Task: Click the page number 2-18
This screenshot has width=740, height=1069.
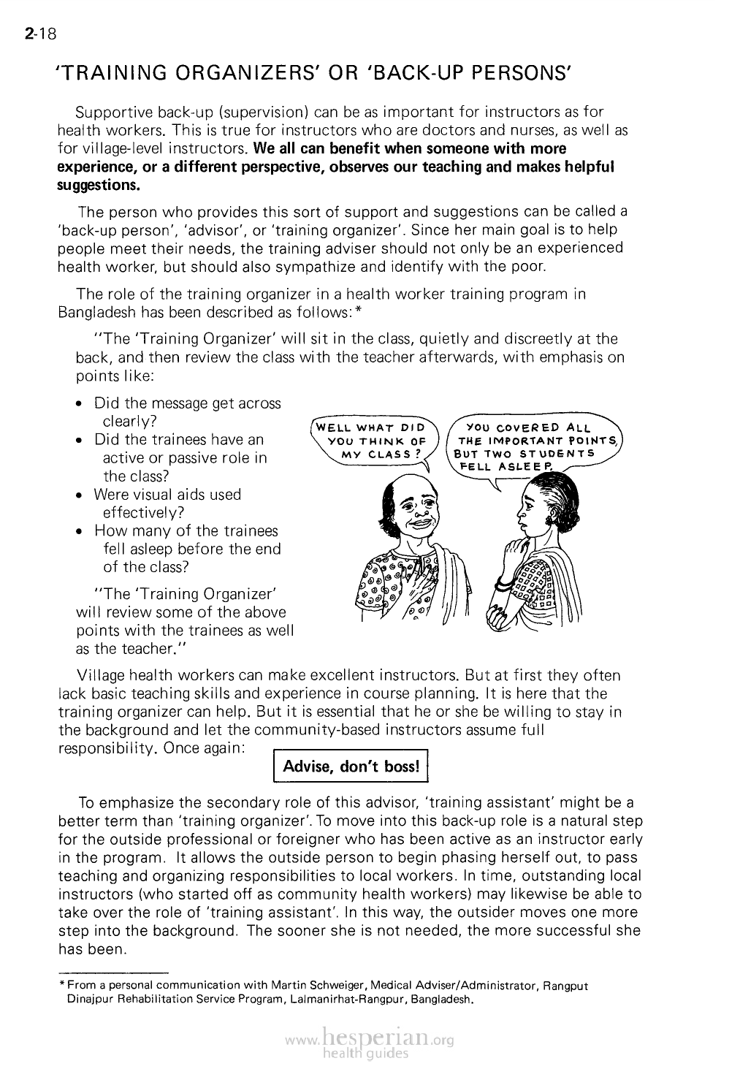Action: [35, 33]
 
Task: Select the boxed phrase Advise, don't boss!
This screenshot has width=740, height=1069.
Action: [350, 766]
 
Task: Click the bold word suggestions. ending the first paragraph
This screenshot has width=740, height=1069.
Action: [98, 185]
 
